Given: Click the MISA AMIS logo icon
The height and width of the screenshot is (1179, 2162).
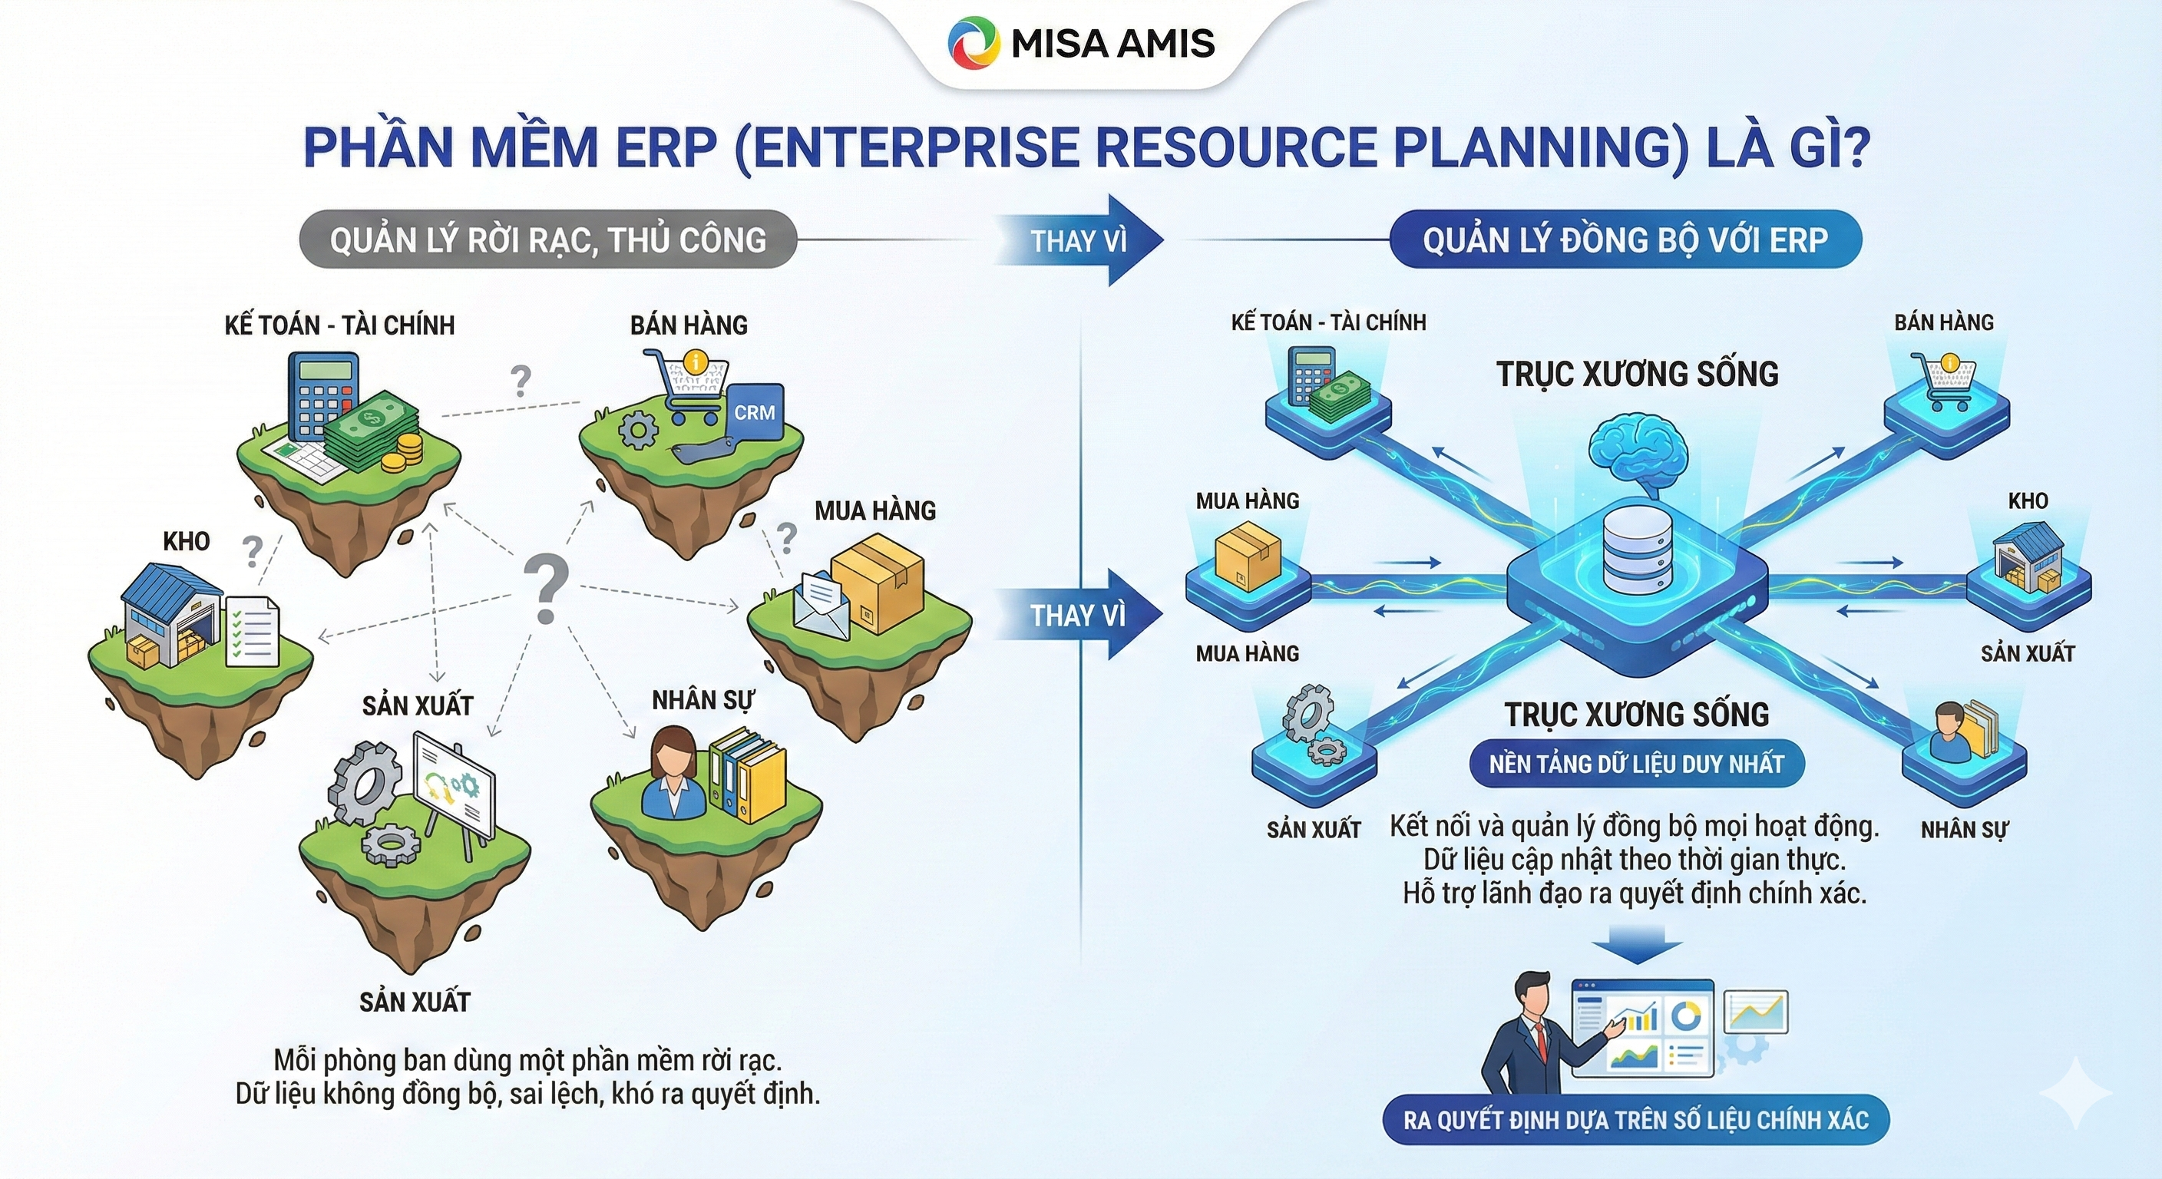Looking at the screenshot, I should click(974, 43).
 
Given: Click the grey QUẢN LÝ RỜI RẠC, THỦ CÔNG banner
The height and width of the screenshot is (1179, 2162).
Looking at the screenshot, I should click(547, 240).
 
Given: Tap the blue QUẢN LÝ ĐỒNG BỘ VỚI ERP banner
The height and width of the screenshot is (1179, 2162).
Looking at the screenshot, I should click(1625, 240).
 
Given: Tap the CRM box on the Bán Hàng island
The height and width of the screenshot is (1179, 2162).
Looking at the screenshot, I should click(754, 412).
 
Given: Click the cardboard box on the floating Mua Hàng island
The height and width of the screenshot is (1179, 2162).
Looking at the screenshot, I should click(878, 582).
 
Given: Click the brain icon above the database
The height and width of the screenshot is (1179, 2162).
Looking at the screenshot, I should click(1638, 454).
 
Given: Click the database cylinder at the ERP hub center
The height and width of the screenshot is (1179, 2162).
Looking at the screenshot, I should click(1638, 549).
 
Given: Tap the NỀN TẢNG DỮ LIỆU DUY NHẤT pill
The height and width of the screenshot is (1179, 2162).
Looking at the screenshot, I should click(1636, 764).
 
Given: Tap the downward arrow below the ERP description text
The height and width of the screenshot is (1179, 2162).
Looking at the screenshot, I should click(1636, 945).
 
